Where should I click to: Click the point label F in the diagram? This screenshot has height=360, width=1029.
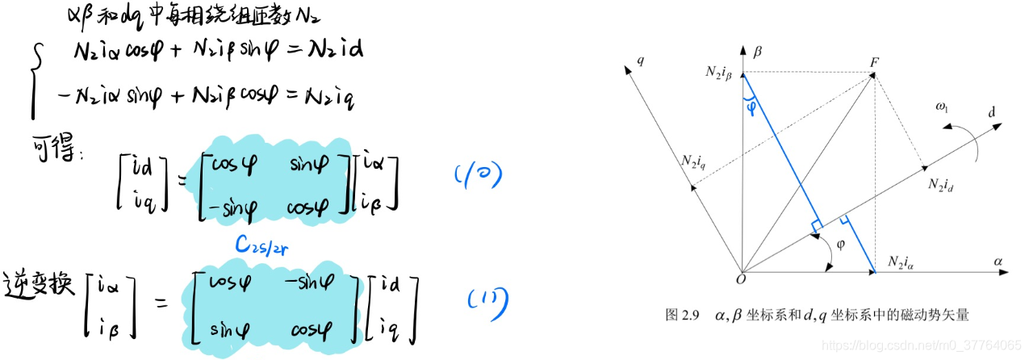coord(874,61)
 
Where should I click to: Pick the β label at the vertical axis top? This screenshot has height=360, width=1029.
coord(757,52)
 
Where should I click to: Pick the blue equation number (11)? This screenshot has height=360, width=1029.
coord(489,300)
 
